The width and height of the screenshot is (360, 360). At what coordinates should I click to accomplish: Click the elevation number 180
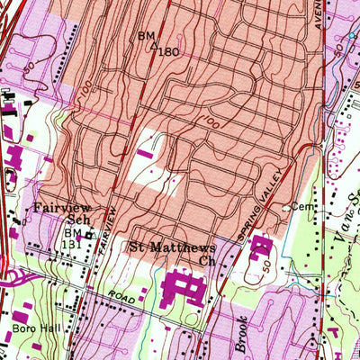pos(168,52)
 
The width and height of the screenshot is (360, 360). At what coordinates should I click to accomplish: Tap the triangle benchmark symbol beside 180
pos(155,45)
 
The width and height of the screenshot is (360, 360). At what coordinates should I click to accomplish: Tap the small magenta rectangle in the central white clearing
pos(144,155)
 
